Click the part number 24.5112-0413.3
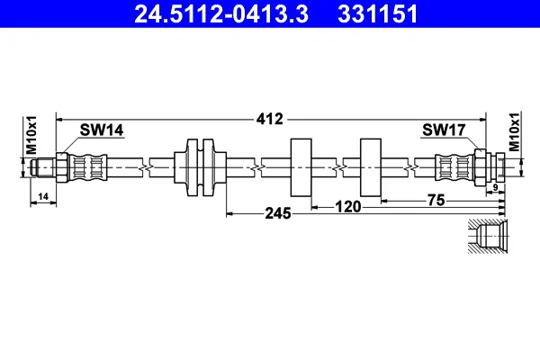click(x=221, y=14)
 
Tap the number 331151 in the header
click(x=378, y=14)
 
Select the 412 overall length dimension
click(x=270, y=119)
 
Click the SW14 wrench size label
click(x=102, y=130)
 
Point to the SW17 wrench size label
click(x=444, y=130)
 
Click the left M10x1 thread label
click(x=31, y=135)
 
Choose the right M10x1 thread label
click(x=515, y=131)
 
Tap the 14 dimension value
click(x=43, y=197)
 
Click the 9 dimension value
click(x=495, y=188)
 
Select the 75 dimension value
click(x=436, y=200)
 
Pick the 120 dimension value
click(x=348, y=207)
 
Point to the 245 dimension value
click(x=278, y=213)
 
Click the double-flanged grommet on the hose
click(x=200, y=167)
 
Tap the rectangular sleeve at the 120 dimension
click(x=301, y=167)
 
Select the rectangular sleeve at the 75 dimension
click(x=371, y=167)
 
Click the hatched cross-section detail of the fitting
click(x=487, y=237)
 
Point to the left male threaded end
click(x=42, y=167)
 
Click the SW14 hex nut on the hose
click(x=62, y=167)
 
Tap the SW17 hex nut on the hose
click(x=481, y=167)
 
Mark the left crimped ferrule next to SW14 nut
click(x=88, y=167)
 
